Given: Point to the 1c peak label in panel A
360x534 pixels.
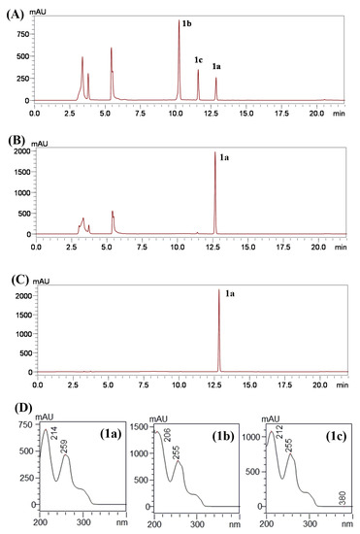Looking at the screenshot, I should pos(199,59).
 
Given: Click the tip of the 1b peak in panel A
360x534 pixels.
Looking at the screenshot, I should pos(180,21).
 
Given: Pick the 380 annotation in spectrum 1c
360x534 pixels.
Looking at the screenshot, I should pos(342,490).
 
